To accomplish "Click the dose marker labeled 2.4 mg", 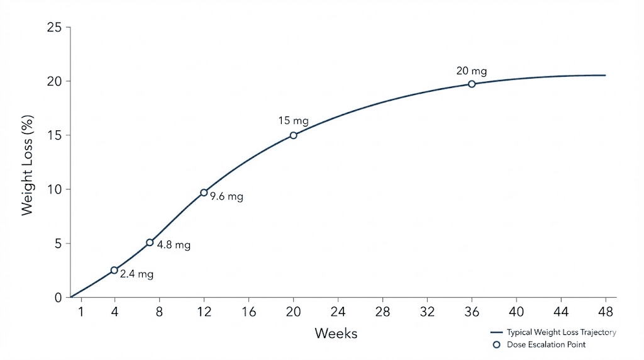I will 114,270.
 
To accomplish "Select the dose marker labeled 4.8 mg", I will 150,242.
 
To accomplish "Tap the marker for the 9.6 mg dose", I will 204,193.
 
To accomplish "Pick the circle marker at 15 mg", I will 293,135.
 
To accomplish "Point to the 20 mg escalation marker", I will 472,84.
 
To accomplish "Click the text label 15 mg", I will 292,120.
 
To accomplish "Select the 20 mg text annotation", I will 472,71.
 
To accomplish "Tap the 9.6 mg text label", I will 227,196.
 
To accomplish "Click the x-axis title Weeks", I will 336,333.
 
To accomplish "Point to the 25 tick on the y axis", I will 54,28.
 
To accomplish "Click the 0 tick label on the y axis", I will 58,298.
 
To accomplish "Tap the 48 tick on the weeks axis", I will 606,311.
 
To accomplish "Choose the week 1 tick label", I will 81,311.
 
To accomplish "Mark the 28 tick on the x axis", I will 382,311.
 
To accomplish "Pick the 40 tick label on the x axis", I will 516,311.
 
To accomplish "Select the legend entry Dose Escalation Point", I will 546,344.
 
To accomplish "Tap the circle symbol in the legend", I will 496,344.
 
